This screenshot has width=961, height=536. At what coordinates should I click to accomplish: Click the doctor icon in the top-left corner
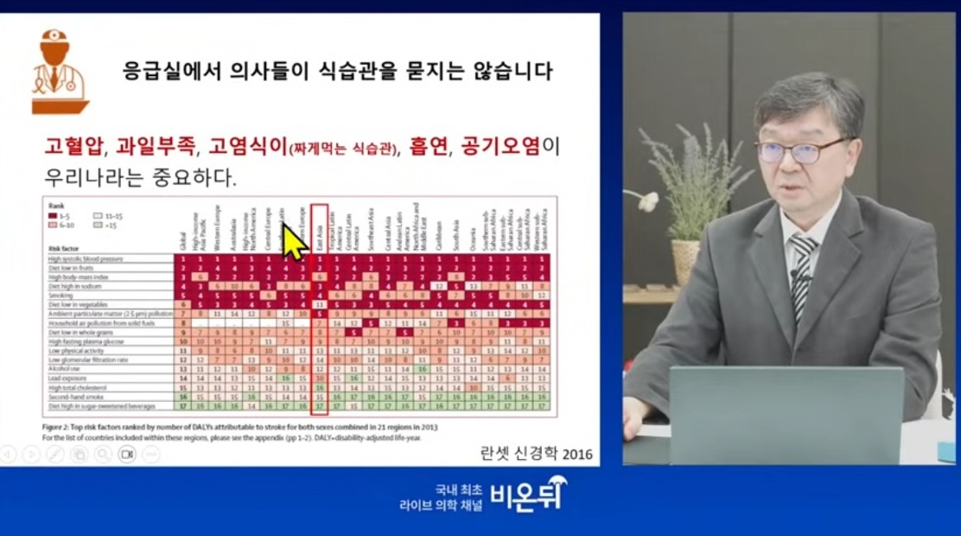coord(59,72)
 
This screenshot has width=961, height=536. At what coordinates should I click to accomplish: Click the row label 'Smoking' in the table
coord(61,295)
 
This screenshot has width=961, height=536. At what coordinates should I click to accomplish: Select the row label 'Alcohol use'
coord(65,368)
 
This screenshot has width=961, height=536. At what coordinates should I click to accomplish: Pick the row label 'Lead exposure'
coord(67,378)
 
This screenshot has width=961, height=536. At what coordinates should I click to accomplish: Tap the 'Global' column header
coord(182,239)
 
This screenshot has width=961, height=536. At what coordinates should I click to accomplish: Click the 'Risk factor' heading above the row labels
coord(63,248)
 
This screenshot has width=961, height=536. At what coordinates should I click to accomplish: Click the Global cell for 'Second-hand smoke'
coord(182,396)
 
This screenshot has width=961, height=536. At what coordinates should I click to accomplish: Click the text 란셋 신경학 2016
coord(536,453)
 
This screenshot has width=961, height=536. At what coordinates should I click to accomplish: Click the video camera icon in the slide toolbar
coord(127,454)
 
